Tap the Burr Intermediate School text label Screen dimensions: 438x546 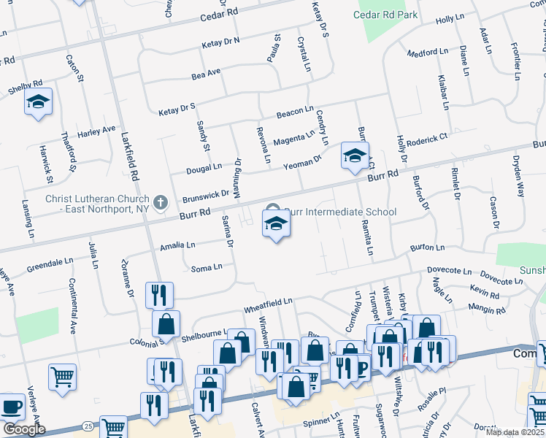click(340, 212)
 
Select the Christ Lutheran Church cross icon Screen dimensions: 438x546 click(161, 201)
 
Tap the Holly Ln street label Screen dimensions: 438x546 click(450, 18)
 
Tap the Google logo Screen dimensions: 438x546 click(24, 429)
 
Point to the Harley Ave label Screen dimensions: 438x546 click(96, 131)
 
